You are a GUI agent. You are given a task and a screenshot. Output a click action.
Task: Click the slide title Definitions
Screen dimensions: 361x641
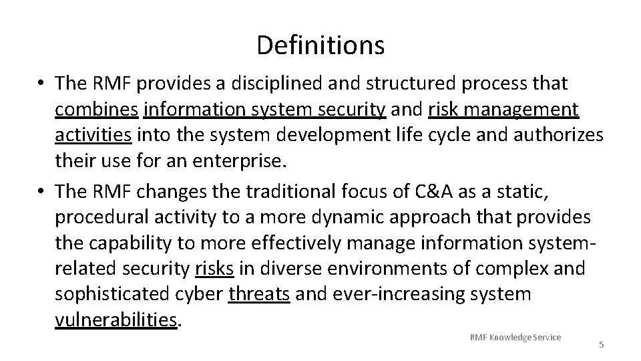320,45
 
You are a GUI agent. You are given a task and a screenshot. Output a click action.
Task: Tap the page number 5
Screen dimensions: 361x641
601,345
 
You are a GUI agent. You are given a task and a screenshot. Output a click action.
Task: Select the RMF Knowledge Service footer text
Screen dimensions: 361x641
515,336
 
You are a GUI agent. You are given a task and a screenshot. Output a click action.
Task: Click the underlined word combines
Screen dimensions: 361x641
96,109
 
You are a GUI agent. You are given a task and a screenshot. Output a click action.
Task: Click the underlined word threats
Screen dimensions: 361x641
259,294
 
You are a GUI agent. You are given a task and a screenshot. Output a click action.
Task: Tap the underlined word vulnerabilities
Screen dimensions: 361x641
116,320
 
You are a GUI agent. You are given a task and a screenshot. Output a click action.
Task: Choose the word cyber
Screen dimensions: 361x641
203,294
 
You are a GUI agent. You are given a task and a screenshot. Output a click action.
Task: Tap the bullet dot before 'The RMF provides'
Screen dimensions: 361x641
41,84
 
